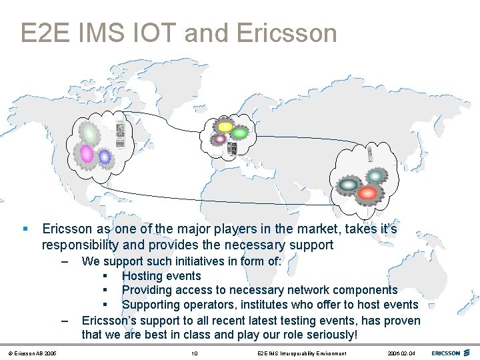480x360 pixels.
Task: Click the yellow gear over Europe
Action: tap(225, 125)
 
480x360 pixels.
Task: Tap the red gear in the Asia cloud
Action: tap(367, 193)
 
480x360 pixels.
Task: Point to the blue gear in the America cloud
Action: tap(105, 157)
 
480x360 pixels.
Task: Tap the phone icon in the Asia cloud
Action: tap(371, 156)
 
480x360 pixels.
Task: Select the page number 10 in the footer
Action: tap(194, 353)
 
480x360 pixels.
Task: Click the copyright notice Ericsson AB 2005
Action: tap(33, 353)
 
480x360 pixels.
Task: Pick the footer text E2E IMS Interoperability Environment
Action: tap(301, 353)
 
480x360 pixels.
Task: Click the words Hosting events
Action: tap(161, 276)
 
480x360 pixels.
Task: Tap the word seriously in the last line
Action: tap(326, 335)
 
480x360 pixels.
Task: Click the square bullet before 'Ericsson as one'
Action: tap(25, 229)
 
